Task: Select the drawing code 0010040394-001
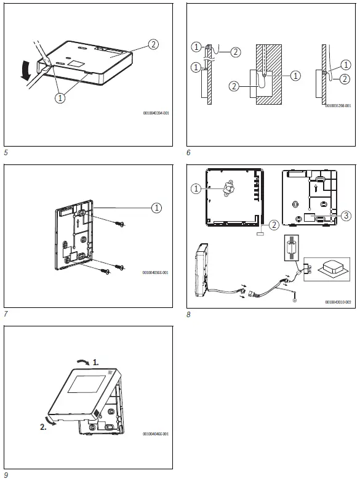155,113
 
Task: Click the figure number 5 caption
6,151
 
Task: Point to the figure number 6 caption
188,151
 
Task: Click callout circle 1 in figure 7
157,208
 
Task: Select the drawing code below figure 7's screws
155,272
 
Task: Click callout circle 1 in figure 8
196,189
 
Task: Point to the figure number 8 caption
188,314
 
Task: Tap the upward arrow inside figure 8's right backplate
316,182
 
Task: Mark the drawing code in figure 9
155,434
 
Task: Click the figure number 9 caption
6,474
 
